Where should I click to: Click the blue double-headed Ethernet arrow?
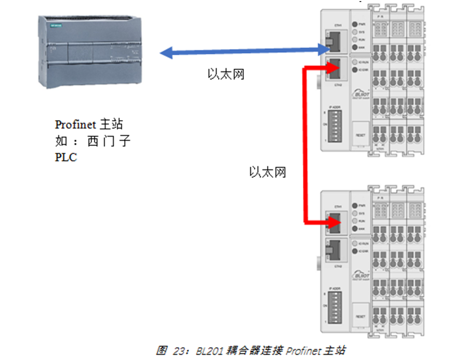pyautogui.click(x=241, y=52)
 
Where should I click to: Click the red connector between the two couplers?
pyautogui.click(x=305, y=145)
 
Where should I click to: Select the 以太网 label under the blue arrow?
pyautogui.click(x=226, y=74)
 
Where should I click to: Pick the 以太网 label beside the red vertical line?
pyautogui.click(x=268, y=173)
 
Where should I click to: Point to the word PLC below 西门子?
pyautogui.click(x=66, y=157)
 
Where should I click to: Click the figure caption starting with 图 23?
pyautogui.click(x=251, y=350)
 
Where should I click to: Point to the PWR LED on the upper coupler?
pyautogui.click(x=355, y=25)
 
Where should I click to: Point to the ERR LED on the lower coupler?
pyautogui.click(x=355, y=228)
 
